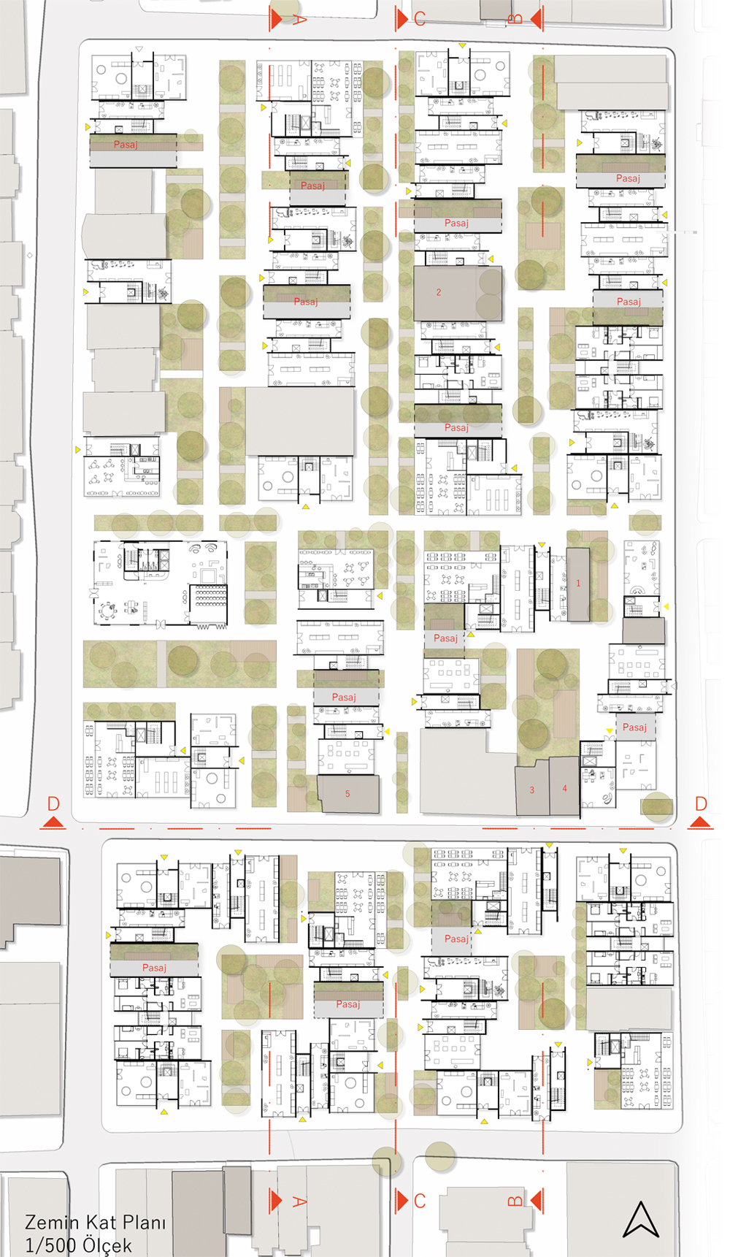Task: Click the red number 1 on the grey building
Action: point(578,584)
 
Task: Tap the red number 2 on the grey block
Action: point(439,292)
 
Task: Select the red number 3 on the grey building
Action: point(531,790)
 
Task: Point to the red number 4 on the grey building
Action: point(564,789)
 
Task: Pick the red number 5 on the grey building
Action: point(347,793)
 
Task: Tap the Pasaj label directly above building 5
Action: point(344,697)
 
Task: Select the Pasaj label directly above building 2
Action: point(456,223)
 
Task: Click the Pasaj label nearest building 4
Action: point(634,727)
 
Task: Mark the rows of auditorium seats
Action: point(210,597)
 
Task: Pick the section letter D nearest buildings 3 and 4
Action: point(701,804)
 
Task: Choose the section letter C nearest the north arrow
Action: point(420,1201)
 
